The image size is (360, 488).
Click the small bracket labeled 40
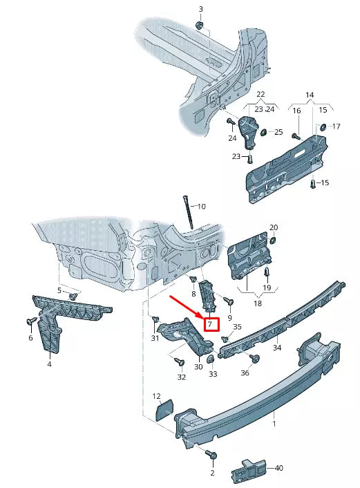(x=249, y=469)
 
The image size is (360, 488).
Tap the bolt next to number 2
(x=211, y=456)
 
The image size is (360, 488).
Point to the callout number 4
(x=49, y=364)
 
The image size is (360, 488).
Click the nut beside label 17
(x=322, y=127)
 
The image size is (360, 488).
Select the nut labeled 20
(x=272, y=240)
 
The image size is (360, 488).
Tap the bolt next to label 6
(x=30, y=321)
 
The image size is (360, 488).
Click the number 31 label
(x=155, y=338)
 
